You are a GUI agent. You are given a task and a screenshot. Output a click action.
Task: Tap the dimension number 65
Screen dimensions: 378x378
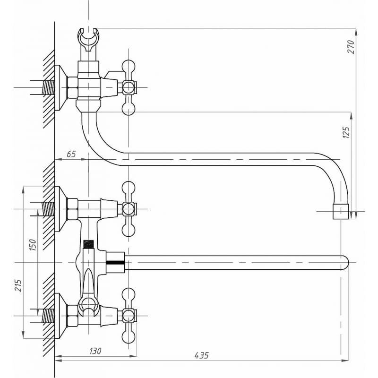click(71, 155)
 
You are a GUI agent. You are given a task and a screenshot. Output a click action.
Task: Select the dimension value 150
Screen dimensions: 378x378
click(33, 245)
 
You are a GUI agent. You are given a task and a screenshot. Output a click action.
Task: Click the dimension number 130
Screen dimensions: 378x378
click(95, 351)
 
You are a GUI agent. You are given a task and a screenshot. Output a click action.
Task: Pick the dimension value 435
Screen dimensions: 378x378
click(202, 355)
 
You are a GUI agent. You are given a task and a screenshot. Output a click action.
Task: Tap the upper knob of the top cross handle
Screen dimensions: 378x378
click(128, 66)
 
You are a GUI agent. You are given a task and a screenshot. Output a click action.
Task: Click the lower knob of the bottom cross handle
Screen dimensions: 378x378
click(128, 336)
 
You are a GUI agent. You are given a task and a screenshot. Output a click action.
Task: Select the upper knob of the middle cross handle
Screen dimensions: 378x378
click(128, 188)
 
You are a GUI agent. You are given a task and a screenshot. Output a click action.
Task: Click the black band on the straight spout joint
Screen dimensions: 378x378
click(115, 260)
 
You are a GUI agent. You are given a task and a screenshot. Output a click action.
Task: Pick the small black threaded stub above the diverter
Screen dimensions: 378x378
click(87, 244)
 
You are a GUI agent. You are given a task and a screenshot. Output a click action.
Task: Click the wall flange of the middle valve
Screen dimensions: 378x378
click(59, 209)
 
